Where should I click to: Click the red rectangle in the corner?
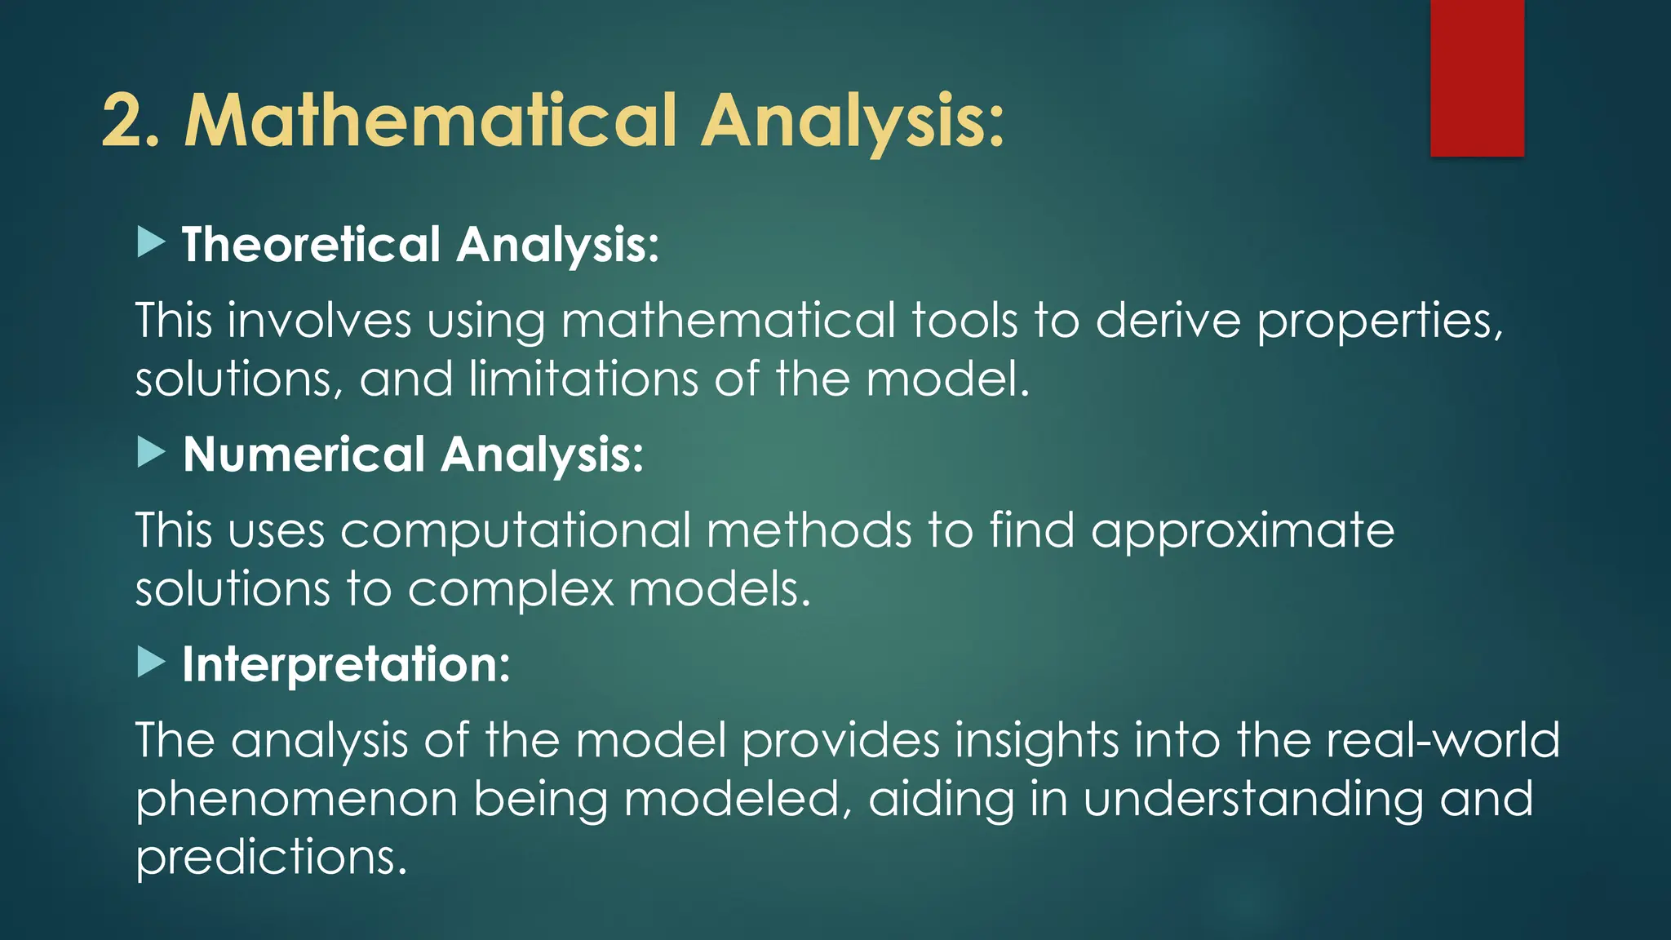tap(1477, 78)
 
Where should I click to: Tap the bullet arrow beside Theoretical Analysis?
tap(151, 242)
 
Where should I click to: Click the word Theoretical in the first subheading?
tap(311, 244)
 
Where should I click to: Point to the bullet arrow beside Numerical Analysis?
tap(151, 452)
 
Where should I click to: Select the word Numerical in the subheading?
tap(304, 454)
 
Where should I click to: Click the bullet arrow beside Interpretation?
tap(151, 662)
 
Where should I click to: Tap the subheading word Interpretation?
tap(345, 664)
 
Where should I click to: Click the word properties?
tap(1379, 321)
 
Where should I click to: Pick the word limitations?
tap(583, 379)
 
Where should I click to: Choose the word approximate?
tap(1242, 532)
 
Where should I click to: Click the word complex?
tap(510, 589)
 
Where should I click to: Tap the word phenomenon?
tap(296, 799)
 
